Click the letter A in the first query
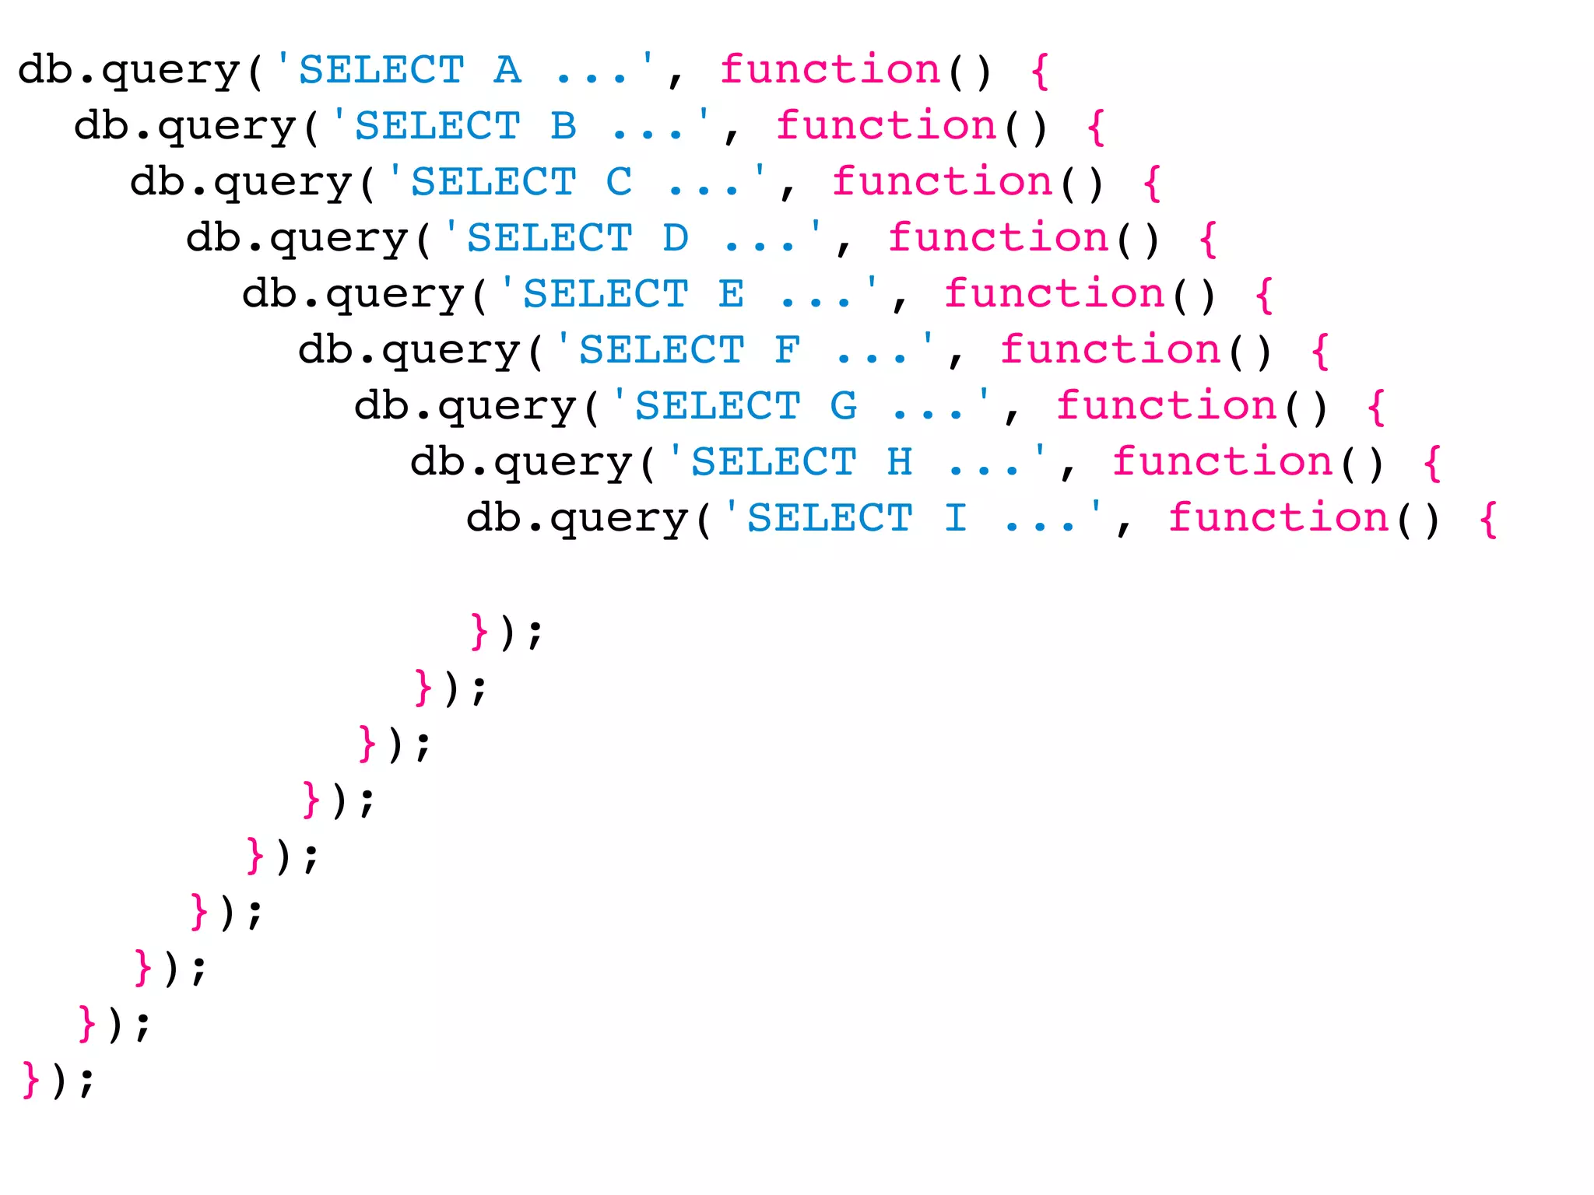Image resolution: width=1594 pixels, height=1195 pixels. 507,70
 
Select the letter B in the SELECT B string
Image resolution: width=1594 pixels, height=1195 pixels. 564,126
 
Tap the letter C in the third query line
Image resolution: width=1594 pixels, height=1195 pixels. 620,182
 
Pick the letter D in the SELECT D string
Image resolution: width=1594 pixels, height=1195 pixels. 676,238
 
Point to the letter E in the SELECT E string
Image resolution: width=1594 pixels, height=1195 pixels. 732,294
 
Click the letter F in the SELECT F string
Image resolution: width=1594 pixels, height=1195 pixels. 788,350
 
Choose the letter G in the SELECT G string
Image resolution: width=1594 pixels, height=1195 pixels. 844,406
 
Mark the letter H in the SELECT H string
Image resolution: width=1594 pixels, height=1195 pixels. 900,462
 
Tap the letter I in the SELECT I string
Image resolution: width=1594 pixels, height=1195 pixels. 956,518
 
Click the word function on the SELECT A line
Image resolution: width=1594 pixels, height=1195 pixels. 830,70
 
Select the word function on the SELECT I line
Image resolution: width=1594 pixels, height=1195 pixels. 1278,518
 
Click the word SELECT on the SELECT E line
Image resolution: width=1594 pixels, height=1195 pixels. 606,294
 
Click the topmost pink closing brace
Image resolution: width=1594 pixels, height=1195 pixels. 479,632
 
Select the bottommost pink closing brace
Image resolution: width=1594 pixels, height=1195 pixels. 31,1080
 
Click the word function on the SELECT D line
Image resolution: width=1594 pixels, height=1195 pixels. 998,238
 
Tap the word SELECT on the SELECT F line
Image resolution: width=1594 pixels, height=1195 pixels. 662,350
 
